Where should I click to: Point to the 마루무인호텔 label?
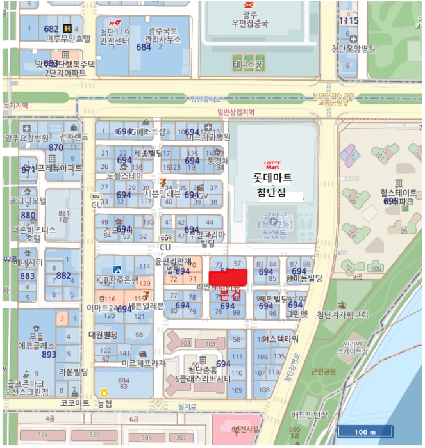click(x=69, y=38)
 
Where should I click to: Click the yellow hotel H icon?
click(x=68, y=28)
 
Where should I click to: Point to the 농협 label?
click(x=121, y=403)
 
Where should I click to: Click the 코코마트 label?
click(x=75, y=404)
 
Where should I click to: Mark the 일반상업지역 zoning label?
click(x=236, y=112)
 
